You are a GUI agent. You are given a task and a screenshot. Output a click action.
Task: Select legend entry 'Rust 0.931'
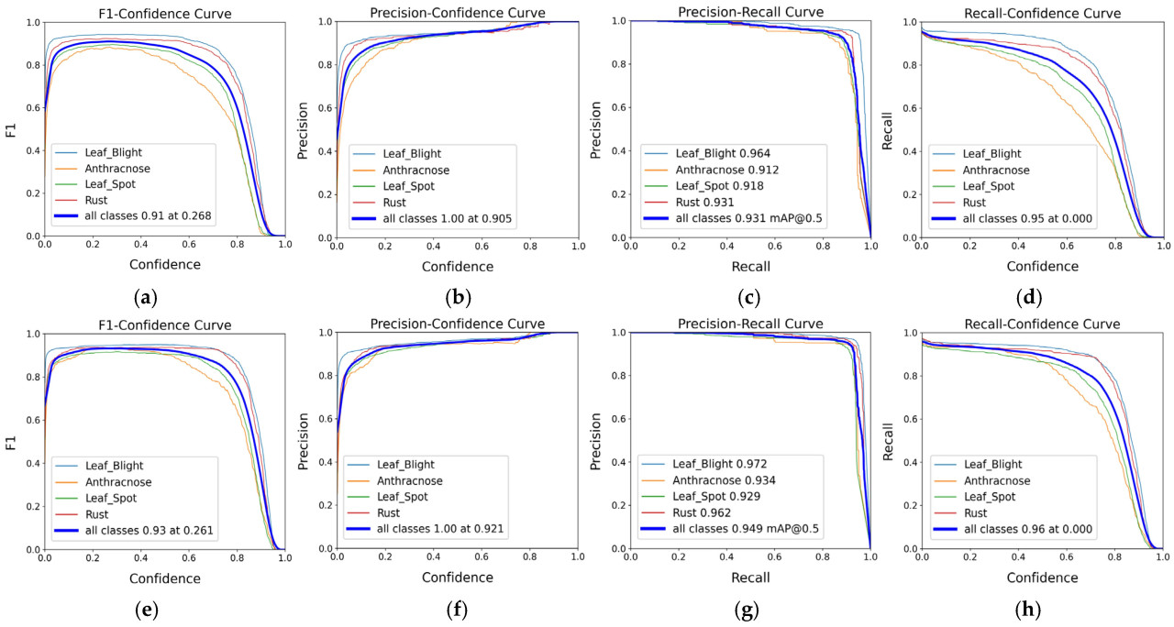point(701,202)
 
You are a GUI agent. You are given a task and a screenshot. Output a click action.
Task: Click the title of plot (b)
point(457,12)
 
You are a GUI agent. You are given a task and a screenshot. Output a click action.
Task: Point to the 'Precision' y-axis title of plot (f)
point(305,440)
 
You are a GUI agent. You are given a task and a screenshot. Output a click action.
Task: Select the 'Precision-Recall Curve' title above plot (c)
point(749,11)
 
